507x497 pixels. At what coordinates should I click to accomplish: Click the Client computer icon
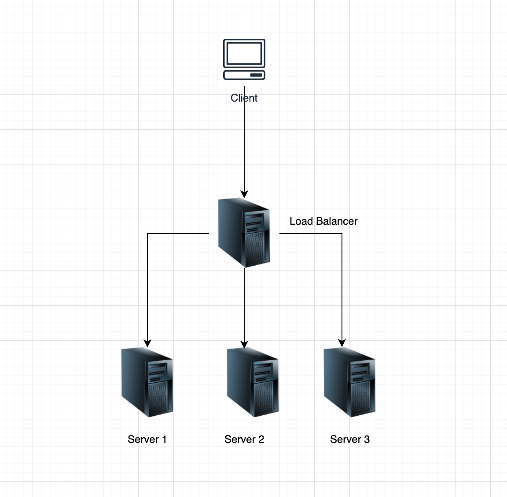244,59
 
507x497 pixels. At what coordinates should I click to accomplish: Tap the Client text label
244,98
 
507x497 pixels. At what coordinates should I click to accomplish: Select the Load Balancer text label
323,221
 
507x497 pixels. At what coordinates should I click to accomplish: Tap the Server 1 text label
147,439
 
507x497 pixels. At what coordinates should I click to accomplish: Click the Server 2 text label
244,439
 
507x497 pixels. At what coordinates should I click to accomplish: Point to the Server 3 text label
350,439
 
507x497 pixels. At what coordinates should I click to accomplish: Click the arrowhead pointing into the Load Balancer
244,194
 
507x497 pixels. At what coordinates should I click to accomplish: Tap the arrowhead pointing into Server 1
147,343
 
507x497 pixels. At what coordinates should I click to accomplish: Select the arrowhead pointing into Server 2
244,344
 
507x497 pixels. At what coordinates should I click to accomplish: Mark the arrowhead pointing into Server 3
342,343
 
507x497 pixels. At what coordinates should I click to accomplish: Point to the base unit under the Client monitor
244,75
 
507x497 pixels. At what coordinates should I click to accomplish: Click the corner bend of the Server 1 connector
147,234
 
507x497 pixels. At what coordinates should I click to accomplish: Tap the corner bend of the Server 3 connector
342,234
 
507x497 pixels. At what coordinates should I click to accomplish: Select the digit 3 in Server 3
367,439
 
